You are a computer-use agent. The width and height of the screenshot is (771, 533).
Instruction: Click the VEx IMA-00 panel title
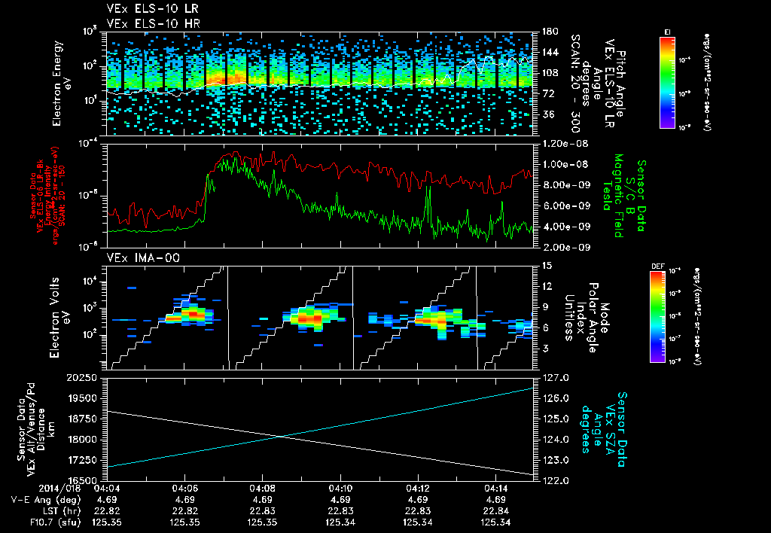point(136,257)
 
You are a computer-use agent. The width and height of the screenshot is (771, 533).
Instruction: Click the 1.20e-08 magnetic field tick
point(559,143)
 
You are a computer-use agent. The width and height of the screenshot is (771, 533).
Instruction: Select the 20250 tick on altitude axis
point(83,378)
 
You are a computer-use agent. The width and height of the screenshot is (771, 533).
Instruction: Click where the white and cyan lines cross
point(280,436)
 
